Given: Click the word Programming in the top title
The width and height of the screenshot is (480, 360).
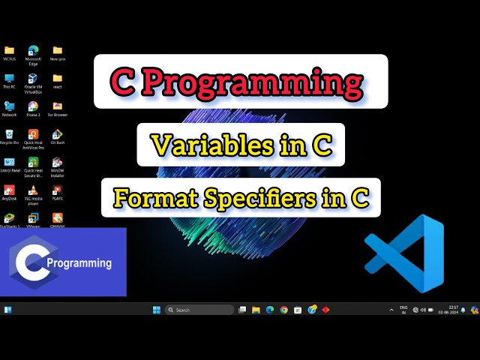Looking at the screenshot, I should (278, 82).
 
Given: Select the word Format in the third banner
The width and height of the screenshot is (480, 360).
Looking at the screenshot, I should (148, 198).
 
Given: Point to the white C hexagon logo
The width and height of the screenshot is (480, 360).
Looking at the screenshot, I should (30, 262).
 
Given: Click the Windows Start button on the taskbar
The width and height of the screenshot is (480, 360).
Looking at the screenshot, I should (157, 310).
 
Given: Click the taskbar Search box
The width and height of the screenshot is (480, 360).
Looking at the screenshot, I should (199, 310).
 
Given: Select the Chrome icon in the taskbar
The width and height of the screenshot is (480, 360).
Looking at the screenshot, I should (283, 310).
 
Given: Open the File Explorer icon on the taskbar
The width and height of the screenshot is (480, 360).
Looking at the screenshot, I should (256, 310).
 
